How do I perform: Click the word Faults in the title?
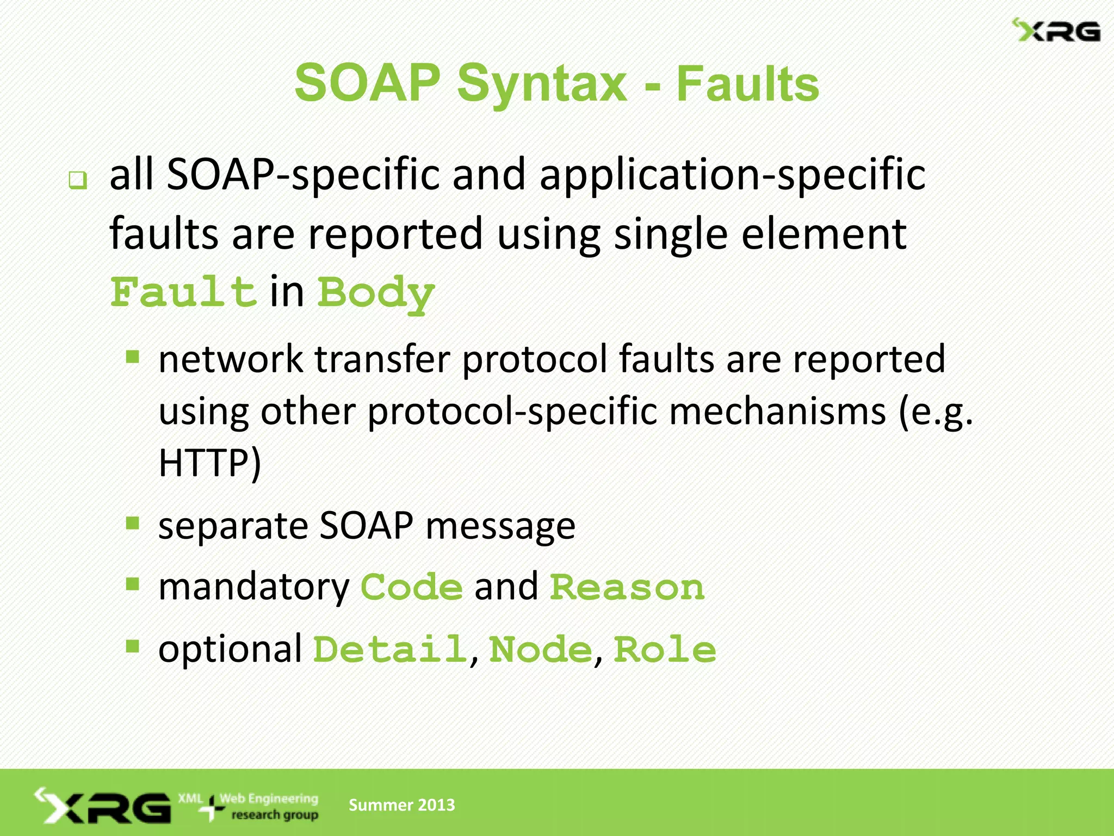[x=747, y=84]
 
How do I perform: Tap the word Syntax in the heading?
[x=542, y=84]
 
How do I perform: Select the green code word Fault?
[x=183, y=292]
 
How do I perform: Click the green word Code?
[x=412, y=587]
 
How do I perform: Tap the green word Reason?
[x=627, y=587]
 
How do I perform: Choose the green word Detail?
[x=390, y=649]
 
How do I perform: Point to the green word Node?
[x=541, y=649]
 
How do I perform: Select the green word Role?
[x=665, y=649]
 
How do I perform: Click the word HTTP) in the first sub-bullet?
[x=210, y=463]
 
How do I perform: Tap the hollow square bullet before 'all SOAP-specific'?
[x=78, y=180]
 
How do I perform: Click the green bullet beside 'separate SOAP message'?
[x=132, y=523]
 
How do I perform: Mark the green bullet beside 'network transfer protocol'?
[x=132, y=357]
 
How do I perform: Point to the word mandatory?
[x=253, y=587]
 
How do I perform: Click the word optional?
[x=230, y=649]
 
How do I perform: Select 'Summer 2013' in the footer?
[x=401, y=804]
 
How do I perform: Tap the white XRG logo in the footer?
[x=103, y=806]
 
